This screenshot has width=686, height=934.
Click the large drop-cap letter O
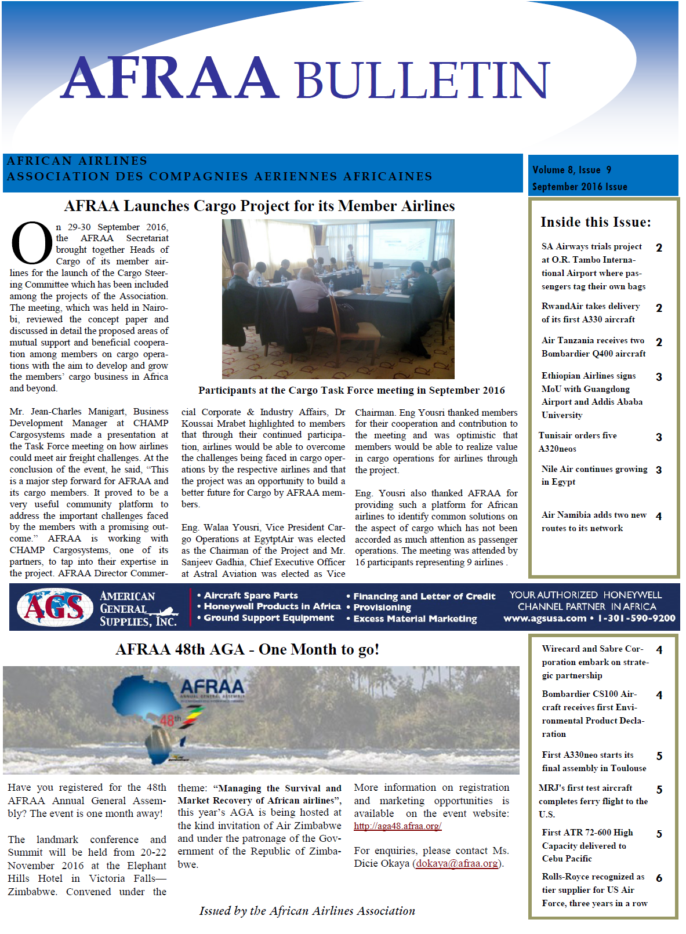point(31,243)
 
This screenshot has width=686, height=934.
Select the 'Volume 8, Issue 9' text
point(572,170)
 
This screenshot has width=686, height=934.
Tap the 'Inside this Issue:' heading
point(596,222)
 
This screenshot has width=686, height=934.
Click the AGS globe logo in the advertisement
point(54,607)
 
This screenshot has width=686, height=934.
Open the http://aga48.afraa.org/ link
point(398,826)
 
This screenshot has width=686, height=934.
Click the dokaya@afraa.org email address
point(457,863)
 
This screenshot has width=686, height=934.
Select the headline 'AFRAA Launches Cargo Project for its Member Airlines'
point(259,206)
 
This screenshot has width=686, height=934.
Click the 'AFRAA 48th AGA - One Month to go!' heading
point(247,649)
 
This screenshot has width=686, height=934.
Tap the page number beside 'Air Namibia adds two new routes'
point(659,516)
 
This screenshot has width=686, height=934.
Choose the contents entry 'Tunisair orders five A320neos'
point(578,442)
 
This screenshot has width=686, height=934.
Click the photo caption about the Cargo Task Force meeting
point(351,390)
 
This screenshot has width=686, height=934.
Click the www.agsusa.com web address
point(545,618)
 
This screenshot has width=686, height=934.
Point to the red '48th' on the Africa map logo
point(170,720)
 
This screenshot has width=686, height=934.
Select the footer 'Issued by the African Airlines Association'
point(307,911)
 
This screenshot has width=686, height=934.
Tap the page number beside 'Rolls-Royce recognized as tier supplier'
point(659,878)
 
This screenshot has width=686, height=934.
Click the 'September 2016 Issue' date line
point(579,187)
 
